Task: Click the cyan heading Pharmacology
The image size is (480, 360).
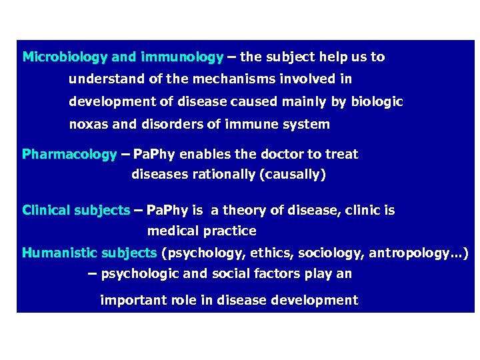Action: tap(69, 155)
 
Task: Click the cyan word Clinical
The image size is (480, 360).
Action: tap(46, 211)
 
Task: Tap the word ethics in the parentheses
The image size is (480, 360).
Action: tap(274, 253)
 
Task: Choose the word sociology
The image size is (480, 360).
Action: tap(330, 253)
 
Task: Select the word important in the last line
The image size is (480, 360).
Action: tap(131, 301)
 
